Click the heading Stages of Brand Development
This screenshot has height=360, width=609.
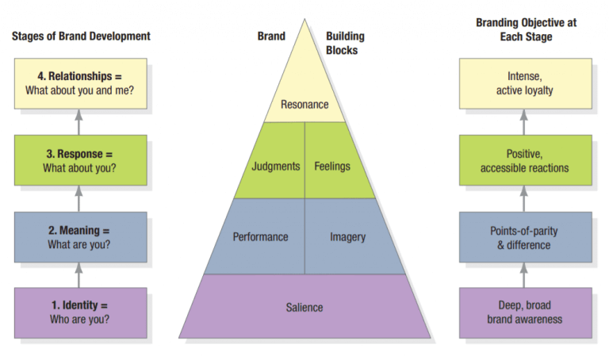[81, 36]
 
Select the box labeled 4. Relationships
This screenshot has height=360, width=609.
[80, 83]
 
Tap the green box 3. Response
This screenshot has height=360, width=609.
[80, 160]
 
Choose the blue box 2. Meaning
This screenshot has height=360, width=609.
[80, 237]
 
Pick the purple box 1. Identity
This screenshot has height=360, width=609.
[80, 312]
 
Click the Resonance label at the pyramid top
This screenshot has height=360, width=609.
[304, 104]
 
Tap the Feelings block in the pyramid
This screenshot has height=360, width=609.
[332, 167]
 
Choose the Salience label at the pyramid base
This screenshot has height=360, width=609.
[304, 307]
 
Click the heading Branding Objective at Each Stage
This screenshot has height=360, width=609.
[526, 29]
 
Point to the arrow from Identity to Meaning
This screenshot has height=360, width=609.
[79, 274]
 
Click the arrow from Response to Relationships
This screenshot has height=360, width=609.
[79, 121]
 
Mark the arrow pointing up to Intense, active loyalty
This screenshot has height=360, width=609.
[523, 121]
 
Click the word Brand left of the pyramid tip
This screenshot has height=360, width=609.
[271, 36]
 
